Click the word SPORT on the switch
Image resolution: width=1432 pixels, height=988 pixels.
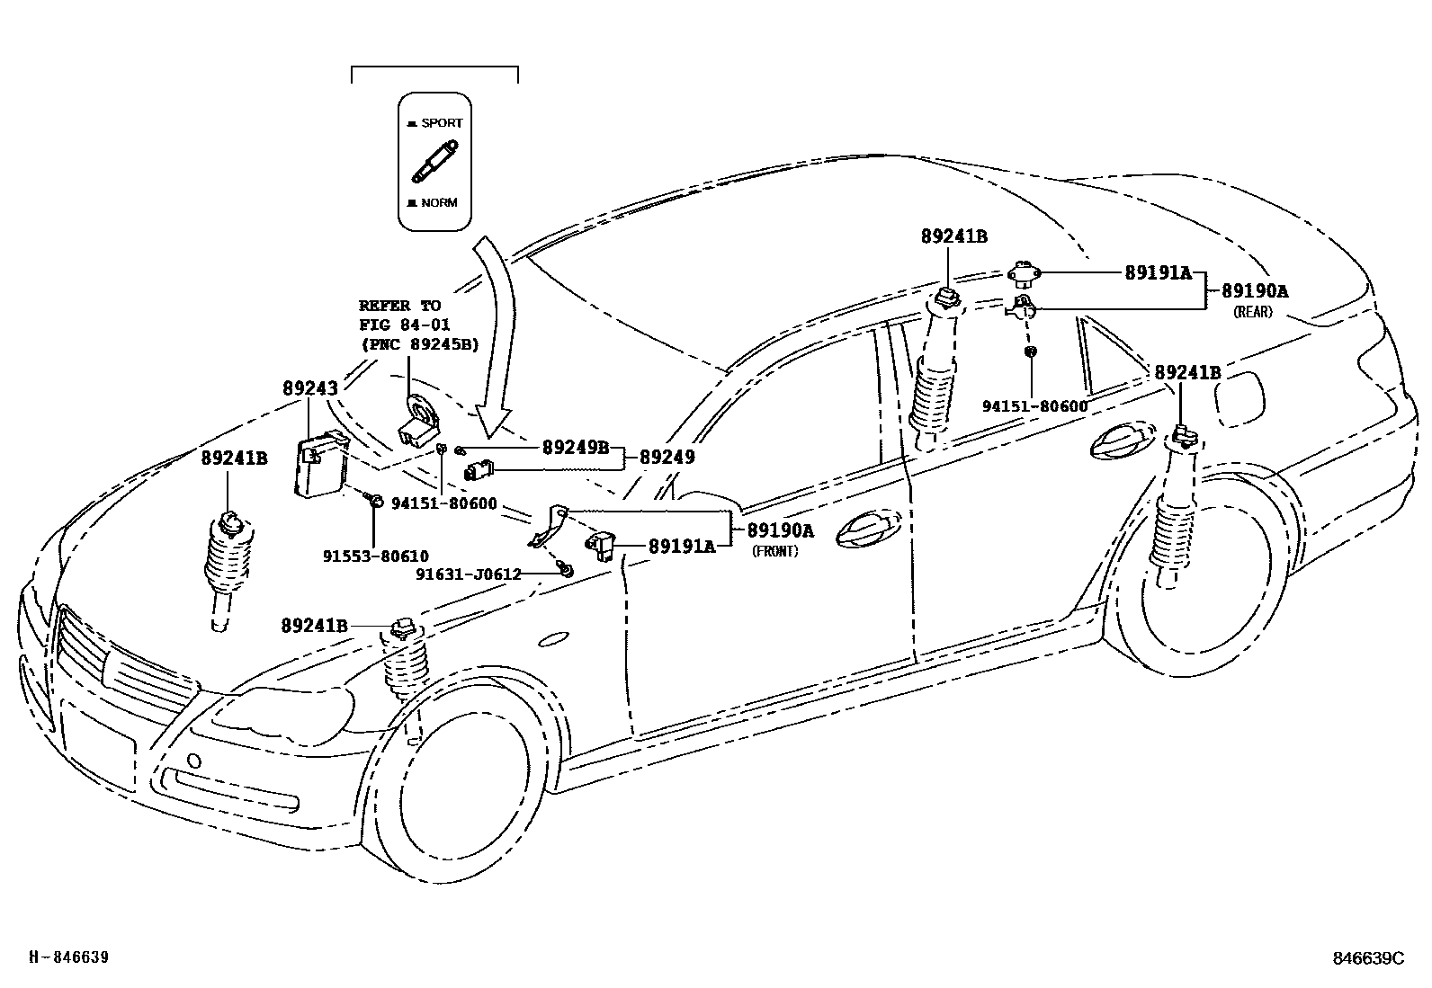[x=441, y=123]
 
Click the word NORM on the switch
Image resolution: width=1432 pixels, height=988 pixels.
[x=439, y=202]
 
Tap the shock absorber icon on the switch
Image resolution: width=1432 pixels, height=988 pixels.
[x=434, y=162]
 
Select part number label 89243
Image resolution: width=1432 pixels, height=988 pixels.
[x=310, y=388]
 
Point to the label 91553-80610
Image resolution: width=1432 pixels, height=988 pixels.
[x=375, y=556]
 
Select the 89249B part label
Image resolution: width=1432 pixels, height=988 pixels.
[x=575, y=447]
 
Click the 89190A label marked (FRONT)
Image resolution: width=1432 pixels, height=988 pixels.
[x=780, y=530]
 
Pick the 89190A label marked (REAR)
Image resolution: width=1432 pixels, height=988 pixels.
[x=1254, y=290]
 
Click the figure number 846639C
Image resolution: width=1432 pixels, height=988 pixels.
[x=1368, y=958]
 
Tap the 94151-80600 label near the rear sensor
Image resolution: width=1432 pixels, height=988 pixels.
[x=1034, y=406]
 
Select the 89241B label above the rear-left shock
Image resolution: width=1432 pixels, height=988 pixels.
[x=953, y=236]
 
